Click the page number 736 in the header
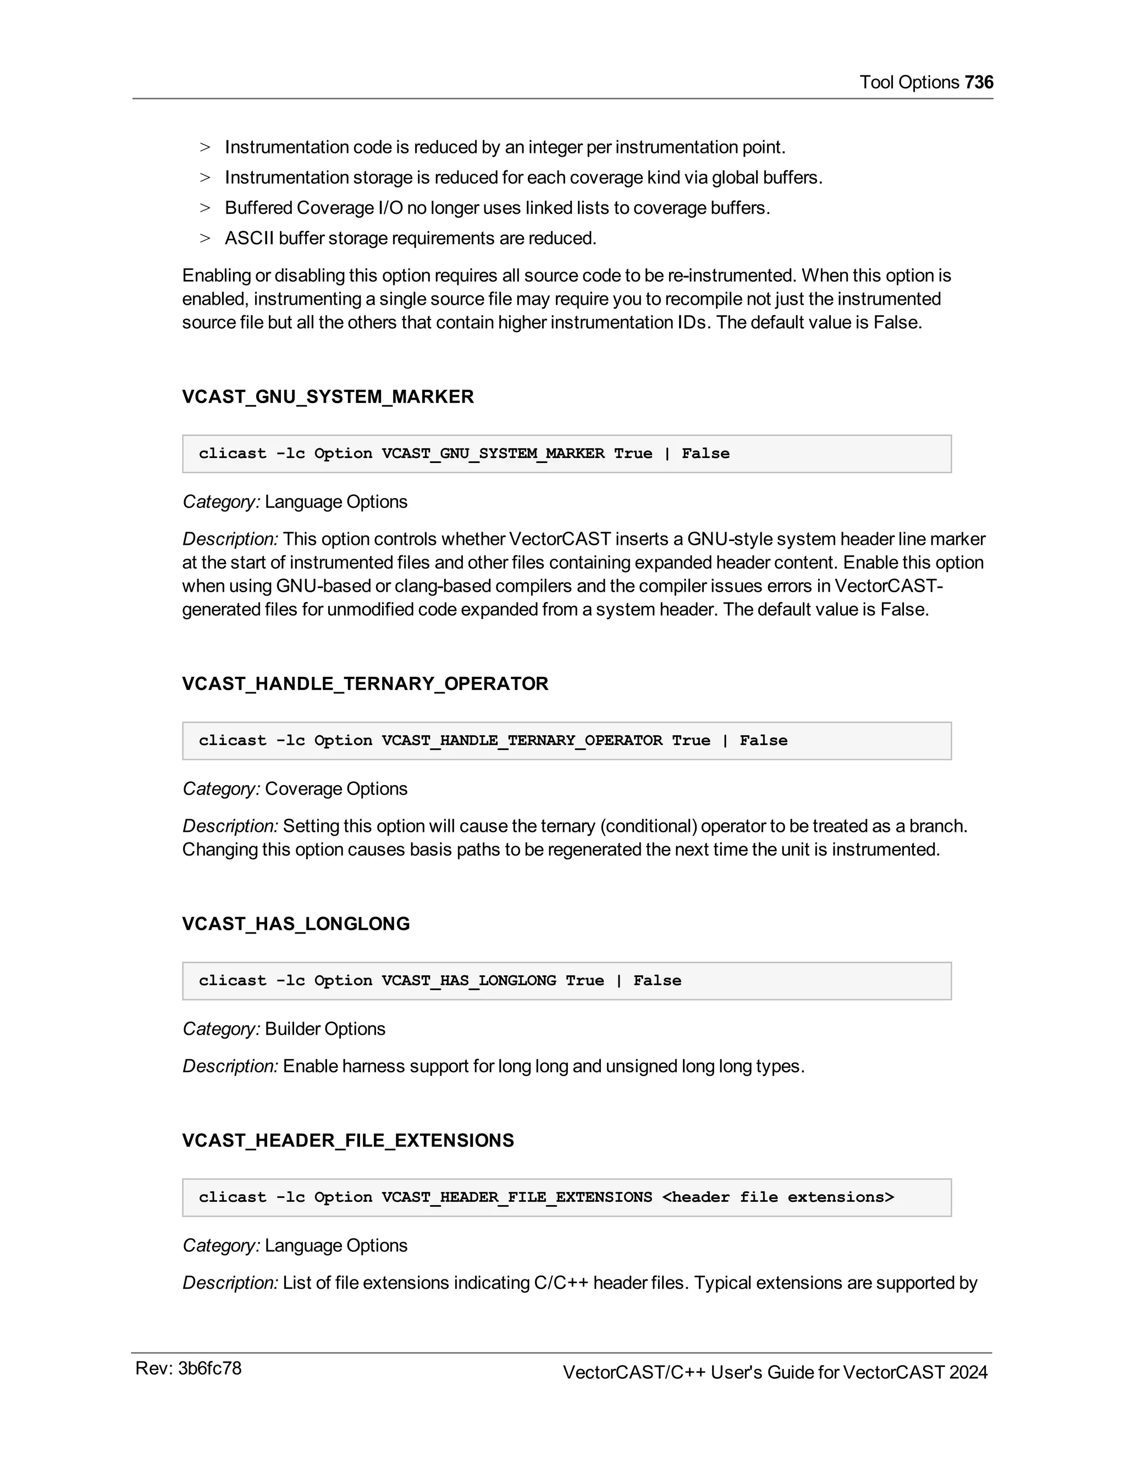coord(979,82)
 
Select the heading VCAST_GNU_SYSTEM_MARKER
coord(328,397)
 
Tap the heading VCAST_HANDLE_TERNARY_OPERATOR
coord(365,684)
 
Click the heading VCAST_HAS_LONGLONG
coord(295,924)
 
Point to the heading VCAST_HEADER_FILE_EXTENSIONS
coord(347,1141)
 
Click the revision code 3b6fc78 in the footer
coord(209,1369)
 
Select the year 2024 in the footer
coord(968,1372)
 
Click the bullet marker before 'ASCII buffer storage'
coord(205,239)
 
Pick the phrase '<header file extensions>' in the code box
coord(778,1197)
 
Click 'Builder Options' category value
coord(325,1029)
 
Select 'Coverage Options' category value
coord(335,788)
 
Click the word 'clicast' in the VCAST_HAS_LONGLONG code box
coord(232,981)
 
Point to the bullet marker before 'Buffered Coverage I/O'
coord(205,208)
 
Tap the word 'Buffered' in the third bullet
coord(258,208)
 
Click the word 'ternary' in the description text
coord(570,826)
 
